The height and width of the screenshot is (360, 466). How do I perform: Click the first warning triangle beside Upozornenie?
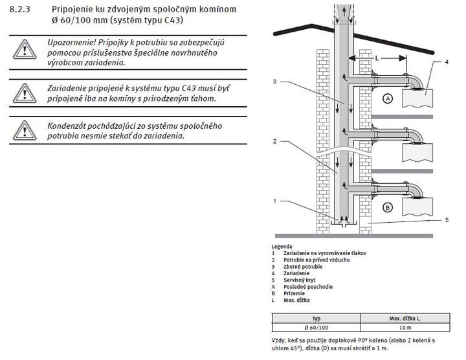(25, 51)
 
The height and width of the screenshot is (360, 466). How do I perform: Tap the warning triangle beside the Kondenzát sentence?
(25, 129)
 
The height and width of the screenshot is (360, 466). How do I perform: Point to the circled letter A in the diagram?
(388, 99)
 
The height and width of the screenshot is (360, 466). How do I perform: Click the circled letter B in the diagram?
(388, 207)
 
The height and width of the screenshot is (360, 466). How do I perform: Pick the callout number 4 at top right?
(446, 62)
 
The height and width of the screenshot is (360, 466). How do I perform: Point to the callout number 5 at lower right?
(446, 220)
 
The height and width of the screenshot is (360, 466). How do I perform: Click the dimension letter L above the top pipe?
(377, 57)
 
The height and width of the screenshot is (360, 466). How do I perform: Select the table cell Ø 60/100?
(316, 327)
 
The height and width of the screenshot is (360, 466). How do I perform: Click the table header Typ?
(316, 319)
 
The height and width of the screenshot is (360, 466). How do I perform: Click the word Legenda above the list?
(282, 247)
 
